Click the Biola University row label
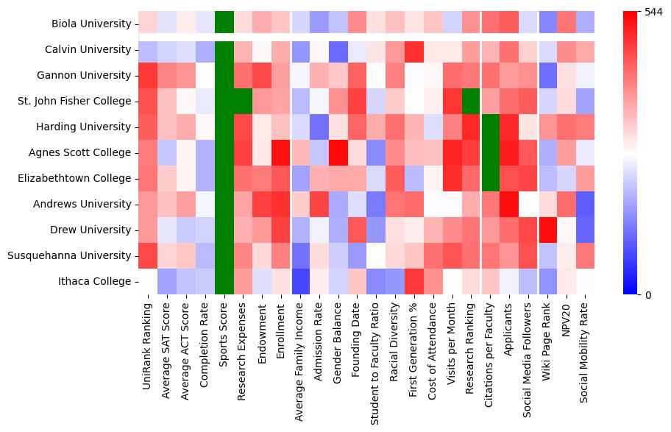click(x=91, y=24)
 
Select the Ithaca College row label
click(x=95, y=281)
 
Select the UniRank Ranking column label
click(x=147, y=339)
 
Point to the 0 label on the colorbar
click(x=647, y=295)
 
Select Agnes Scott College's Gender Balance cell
click(x=338, y=152)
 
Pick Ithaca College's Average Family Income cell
click(x=300, y=281)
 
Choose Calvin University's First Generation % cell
click(x=415, y=49)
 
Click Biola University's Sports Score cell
click(x=224, y=24)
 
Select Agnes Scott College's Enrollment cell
click(x=281, y=152)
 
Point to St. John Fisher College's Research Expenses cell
click(x=243, y=101)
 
